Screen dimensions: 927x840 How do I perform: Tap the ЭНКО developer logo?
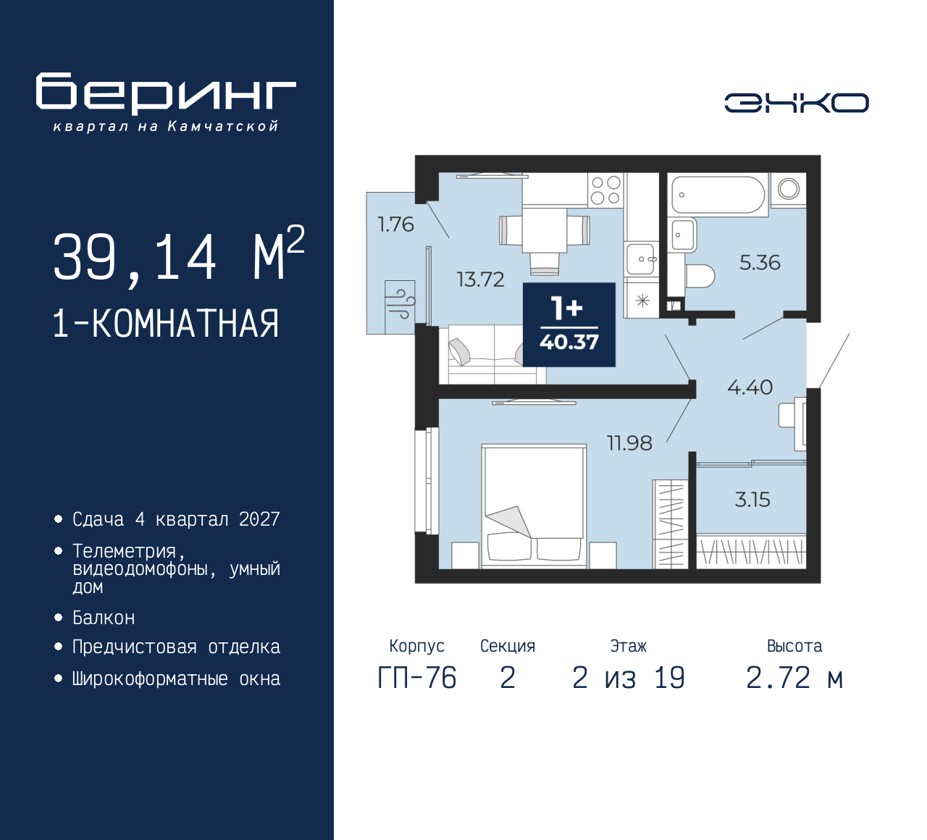(x=796, y=103)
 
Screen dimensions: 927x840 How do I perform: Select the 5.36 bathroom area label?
(x=760, y=262)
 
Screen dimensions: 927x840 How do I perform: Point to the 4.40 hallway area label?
(x=750, y=387)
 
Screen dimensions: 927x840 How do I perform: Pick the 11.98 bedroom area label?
(x=629, y=443)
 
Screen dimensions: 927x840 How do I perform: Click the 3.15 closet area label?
(x=752, y=500)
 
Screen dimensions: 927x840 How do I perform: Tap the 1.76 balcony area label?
(x=395, y=224)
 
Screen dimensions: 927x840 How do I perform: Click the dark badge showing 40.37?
(x=569, y=325)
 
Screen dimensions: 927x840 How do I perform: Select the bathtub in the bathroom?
(x=718, y=195)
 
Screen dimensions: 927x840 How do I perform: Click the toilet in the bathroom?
(x=700, y=276)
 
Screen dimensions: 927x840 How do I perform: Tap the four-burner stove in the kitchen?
(x=606, y=190)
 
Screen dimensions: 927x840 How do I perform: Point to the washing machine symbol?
(x=788, y=188)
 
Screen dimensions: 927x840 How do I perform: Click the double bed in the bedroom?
(x=534, y=506)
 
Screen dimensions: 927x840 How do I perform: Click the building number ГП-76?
(x=417, y=678)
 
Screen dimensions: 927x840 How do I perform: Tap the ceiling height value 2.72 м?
(x=794, y=678)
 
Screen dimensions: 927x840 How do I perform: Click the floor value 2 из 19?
(x=628, y=678)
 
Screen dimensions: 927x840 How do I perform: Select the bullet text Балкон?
(x=104, y=618)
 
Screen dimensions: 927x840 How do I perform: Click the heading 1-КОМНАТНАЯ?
(x=166, y=324)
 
